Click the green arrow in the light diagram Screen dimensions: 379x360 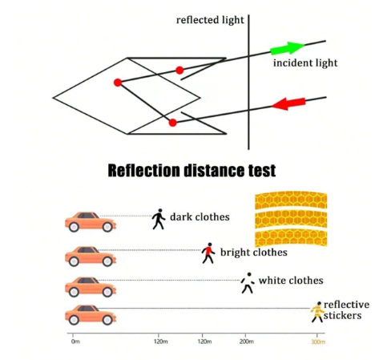[288, 48]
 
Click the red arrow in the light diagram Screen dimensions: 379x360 [288, 103]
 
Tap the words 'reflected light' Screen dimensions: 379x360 [210, 20]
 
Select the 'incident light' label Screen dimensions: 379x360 [305, 63]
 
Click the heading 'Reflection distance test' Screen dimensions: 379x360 [192, 171]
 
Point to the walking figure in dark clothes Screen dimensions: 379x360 [159, 219]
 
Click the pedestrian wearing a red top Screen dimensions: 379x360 [208, 253]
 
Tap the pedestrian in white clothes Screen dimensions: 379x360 [248, 283]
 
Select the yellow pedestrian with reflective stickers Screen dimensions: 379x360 [317, 312]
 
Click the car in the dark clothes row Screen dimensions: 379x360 [91, 222]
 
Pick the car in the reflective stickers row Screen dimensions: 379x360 [91, 315]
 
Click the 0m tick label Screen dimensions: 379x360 [75, 342]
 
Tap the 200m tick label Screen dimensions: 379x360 [247, 342]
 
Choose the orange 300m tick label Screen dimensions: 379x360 [318, 342]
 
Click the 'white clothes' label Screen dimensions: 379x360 [291, 281]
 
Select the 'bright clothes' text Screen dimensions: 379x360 [254, 253]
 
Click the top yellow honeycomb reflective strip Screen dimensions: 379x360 [291, 200]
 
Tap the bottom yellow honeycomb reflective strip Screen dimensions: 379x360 [291, 238]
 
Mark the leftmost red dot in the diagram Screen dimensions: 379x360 [118, 83]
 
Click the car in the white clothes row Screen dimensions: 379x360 [91, 287]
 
